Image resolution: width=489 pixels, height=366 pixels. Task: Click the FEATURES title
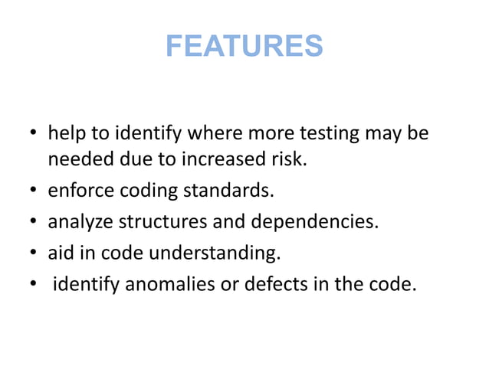click(x=244, y=46)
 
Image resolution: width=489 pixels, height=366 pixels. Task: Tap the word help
click(x=66, y=134)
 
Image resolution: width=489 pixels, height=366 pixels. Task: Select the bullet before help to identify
click(x=34, y=136)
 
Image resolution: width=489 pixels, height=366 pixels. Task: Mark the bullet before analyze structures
click(x=34, y=224)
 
